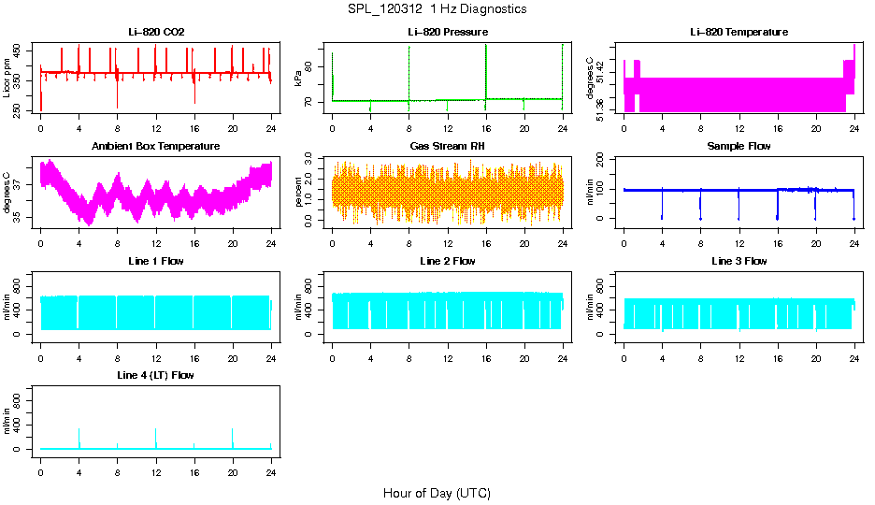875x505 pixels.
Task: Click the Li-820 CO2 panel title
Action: click(156, 33)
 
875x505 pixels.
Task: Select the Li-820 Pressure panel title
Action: click(448, 33)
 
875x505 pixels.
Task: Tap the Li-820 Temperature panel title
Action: click(739, 33)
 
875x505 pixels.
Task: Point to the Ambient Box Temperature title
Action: click(156, 147)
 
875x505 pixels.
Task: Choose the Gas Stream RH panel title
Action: click(448, 147)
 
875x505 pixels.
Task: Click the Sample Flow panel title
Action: click(739, 147)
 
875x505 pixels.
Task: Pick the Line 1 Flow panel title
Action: click(156, 261)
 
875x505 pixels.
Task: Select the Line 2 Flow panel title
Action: click(448, 261)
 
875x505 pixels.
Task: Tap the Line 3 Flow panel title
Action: click(739, 261)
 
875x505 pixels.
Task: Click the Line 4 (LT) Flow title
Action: click(156, 375)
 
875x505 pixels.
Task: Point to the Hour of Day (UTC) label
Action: click(437, 493)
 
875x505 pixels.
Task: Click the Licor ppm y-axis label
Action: click(7, 78)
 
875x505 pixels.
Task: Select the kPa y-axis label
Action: click(298, 79)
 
